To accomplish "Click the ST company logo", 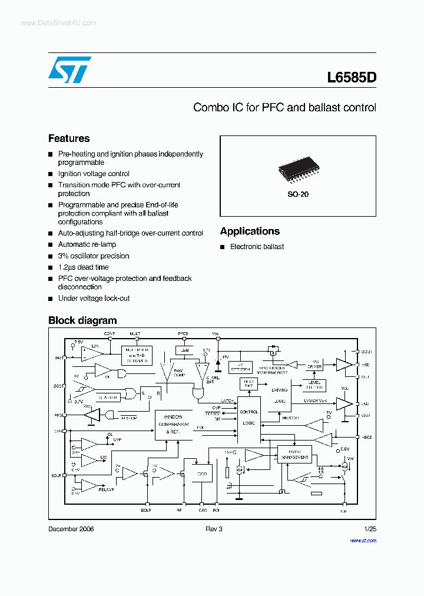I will coord(69,70).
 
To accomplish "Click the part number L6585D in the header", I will coord(351,77).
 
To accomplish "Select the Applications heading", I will coord(250,231).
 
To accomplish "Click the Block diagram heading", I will coord(82,321).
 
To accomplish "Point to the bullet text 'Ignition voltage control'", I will coord(94,174).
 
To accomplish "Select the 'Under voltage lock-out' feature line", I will coord(94,299).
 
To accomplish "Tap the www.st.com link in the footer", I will coord(363,540).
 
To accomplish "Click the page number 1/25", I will coord(370,529).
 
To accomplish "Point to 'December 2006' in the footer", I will coord(71,529).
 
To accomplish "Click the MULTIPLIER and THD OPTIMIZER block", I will coord(137,355).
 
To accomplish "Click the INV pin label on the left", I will coord(58,358).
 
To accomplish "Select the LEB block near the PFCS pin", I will coord(185,350).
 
